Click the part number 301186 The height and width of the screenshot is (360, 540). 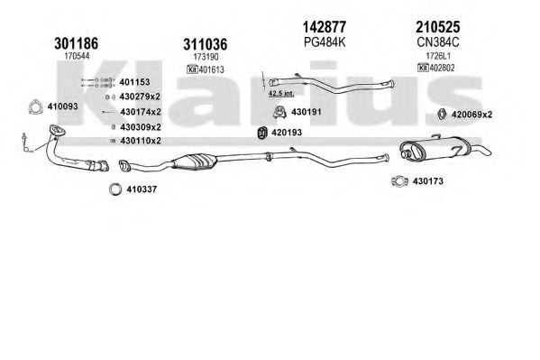coord(76,44)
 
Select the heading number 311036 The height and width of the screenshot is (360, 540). coord(206,44)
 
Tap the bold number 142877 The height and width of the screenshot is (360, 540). coord(324,26)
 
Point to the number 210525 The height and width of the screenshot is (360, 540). coord(438,26)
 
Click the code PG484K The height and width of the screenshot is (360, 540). coord(325,42)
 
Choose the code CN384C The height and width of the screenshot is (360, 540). coord(438,42)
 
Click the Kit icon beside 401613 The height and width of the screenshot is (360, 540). coord(192,69)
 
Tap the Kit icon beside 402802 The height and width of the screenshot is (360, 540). coord(423,68)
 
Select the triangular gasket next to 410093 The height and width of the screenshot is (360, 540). coord(34,106)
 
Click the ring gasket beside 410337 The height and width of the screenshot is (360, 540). coord(115,189)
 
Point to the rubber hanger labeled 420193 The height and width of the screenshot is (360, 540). coord(262,133)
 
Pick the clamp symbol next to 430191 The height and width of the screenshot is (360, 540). coord(280,112)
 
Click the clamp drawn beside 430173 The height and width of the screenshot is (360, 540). coord(400,181)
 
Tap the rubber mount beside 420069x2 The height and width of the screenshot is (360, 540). coord(442,115)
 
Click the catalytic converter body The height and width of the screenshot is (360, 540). coord(195,161)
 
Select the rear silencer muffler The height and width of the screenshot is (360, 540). coord(435,149)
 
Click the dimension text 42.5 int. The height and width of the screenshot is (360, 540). coord(281,93)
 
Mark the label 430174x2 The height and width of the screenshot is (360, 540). coord(141,112)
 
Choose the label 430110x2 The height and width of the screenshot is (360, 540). coord(141,141)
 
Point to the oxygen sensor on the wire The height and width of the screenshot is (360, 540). coord(25,142)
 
